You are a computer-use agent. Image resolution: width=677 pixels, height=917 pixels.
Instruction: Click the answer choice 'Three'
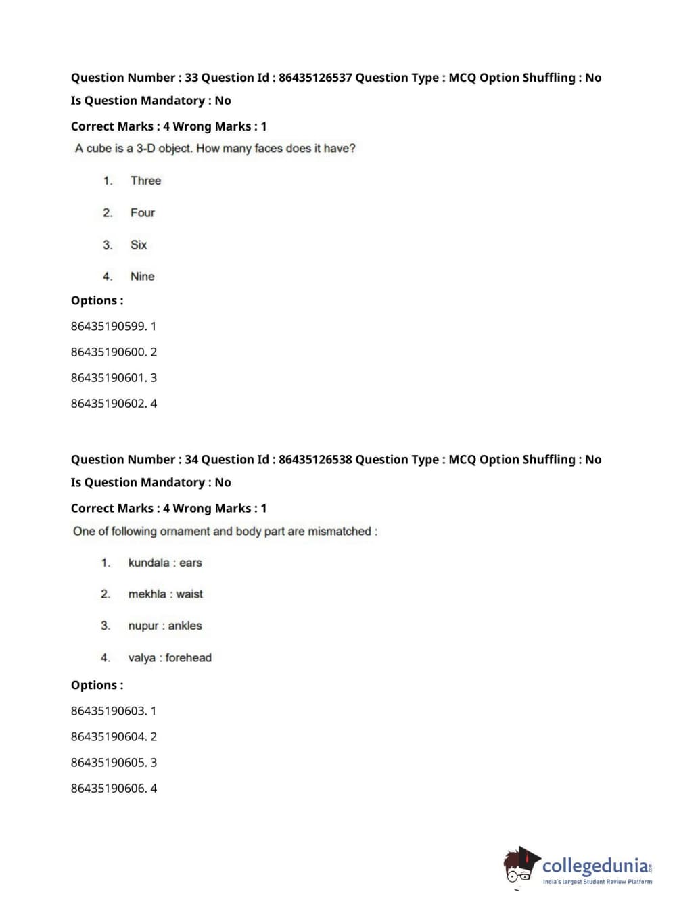click(145, 181)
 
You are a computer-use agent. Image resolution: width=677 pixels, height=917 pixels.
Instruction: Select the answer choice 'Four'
click(142, 212)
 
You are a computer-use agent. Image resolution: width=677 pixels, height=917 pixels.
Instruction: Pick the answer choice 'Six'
click(138, 245)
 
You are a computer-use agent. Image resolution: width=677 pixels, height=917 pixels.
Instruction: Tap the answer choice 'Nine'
click(142, 276)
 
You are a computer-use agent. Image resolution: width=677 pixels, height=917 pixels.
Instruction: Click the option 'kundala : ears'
click(165, 563)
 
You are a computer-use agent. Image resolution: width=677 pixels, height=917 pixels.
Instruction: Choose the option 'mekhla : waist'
click(165, 594)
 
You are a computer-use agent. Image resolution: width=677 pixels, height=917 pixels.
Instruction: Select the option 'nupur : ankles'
click(165, 626)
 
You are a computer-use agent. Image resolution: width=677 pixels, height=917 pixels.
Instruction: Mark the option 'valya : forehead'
click(170, 657)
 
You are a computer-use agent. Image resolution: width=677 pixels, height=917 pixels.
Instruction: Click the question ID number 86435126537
click(315, 78)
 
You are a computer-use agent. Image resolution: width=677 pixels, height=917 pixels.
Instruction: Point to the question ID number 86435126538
click(315, 460)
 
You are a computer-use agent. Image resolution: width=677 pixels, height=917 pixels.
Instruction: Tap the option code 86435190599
click(108, 326)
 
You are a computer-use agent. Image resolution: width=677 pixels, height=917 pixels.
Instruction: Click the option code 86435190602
click(108, 404)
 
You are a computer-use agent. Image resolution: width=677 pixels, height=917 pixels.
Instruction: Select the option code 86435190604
click(108, 736)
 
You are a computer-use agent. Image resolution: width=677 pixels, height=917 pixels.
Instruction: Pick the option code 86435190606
click(108, 788)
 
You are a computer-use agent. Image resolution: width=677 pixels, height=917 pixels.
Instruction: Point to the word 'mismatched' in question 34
click(340, 532)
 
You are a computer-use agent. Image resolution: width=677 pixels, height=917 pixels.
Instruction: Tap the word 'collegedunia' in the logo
click(594, 866)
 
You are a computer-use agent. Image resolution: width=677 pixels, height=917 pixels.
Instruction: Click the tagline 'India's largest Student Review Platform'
click(597, 882)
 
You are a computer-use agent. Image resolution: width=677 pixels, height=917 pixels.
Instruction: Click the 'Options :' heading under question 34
click(97, 685)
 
